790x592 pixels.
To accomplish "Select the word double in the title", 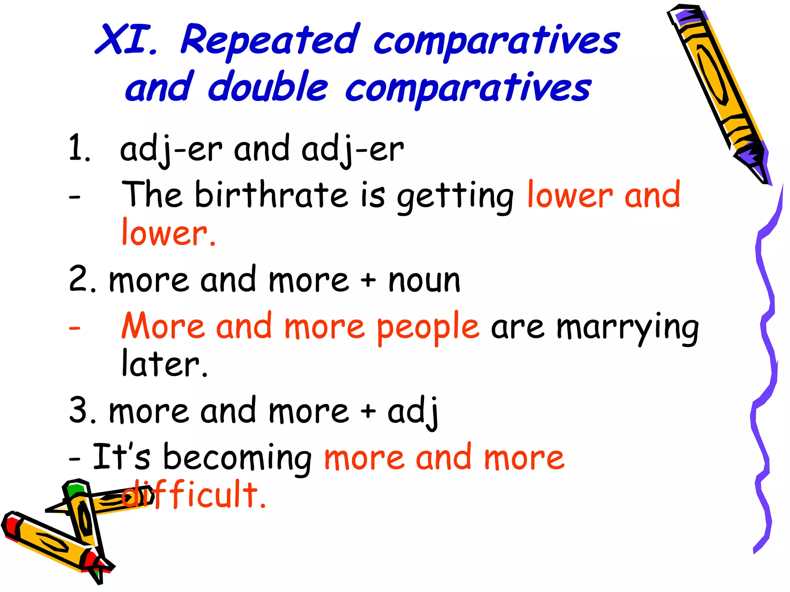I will [x=268, y=87].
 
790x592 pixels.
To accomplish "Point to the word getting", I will [x=455, y=197].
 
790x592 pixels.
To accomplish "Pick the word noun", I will [x=424, y=281].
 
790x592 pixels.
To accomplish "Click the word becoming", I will [x=237, y=459].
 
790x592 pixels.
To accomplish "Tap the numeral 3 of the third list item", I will [x=79, y=410].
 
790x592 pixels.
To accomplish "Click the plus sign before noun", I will [x=368, y=280].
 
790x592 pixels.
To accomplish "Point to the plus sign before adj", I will [x=368, y=410].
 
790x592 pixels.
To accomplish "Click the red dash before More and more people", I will [x=74, y=328].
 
